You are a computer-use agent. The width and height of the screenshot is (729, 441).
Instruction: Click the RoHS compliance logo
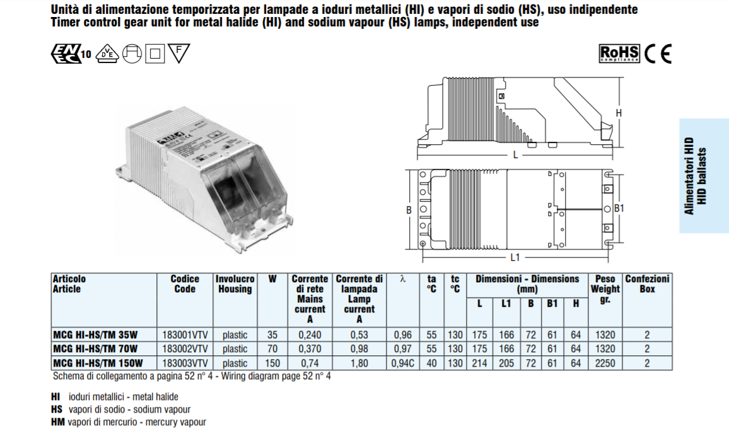pos(619,54)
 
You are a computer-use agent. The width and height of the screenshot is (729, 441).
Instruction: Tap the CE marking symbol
pos(658,54)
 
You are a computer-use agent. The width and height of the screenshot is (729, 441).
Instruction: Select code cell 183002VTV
pos(185,348)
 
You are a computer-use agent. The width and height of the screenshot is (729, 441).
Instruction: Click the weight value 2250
pos(604,363)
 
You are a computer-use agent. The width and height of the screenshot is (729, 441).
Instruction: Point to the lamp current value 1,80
pos(359,363)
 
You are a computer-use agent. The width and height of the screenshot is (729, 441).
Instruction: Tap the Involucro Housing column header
pos(235,284)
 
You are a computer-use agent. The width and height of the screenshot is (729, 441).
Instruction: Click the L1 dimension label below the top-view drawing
pos(515,257)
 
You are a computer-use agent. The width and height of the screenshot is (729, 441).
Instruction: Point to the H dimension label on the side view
pos(619,113)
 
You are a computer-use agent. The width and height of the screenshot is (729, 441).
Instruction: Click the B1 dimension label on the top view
pos(619,208)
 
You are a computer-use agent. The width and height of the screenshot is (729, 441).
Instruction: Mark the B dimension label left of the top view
pos(408,209)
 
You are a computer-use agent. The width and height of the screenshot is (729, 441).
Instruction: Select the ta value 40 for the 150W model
pos(432,363)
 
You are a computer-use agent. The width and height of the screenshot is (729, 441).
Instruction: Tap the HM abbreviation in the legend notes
pos(56,422)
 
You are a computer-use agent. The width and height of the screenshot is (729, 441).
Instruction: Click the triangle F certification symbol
pos(179,54)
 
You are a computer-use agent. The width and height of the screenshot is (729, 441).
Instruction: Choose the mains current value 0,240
pos(310,335)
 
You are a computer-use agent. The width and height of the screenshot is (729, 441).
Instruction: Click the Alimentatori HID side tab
pos(704,176)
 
